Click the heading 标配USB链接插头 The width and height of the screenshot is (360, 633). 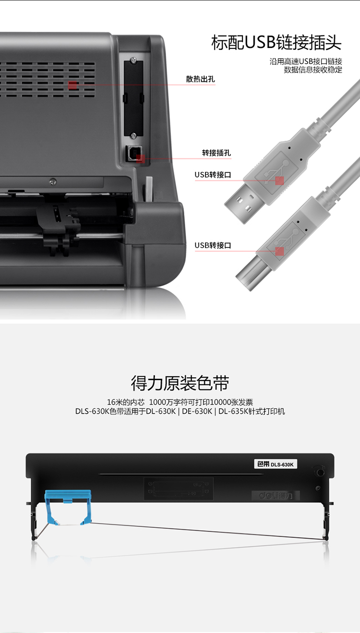(276, 43)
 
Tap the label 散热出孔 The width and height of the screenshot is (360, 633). (200, 79)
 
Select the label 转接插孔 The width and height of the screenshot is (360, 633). (216, 153)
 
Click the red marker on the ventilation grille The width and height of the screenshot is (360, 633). (72, 85)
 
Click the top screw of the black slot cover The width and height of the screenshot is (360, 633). (133, 60)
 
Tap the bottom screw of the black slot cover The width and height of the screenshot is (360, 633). (133, 135)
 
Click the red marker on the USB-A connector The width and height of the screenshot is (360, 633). (279, 181)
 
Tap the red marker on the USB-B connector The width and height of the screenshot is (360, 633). (279, 251)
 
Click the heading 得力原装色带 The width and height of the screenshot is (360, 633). (180, 383)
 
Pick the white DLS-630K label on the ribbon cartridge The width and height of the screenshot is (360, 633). (276, 464)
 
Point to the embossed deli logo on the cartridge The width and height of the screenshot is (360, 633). (276, 495)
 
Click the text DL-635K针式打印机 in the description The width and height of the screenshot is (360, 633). (252, 411)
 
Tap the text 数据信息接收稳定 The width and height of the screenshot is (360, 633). (313, 70)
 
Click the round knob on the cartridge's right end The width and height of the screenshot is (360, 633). (320, 472)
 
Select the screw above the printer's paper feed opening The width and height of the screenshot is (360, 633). (53, 182)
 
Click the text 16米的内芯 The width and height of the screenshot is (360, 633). (125, 402)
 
